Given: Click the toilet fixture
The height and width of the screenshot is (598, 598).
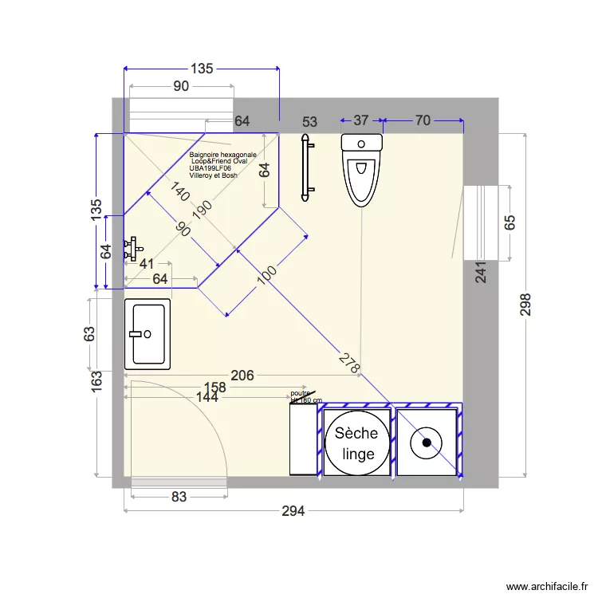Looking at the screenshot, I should pos(361,169).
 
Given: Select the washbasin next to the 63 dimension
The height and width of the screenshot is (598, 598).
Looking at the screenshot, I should pos(148,334).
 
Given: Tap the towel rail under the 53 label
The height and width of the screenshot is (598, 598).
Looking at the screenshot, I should pos(305,168).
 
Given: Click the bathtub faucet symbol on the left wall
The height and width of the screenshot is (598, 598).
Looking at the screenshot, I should pos(131,248).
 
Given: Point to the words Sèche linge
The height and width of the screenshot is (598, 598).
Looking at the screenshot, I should pos(358,443).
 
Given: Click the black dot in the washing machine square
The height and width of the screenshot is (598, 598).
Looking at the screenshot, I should pos(427,441).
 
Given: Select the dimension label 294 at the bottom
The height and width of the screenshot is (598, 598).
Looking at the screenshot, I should pos(293,511).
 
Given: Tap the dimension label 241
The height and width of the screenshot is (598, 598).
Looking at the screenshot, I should pos(480,274).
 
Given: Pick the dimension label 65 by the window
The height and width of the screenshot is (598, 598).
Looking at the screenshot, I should pos(510,222).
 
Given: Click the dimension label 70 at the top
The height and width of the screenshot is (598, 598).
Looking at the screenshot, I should pos(423,120).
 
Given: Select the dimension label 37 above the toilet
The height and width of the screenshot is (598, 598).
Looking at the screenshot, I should pos(360,120).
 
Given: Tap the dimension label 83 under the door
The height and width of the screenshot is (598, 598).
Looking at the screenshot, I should pos(179,497).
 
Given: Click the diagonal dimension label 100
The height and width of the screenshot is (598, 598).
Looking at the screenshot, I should pos(267,274).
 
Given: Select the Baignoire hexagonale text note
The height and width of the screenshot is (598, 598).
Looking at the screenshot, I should pos(222,164).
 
